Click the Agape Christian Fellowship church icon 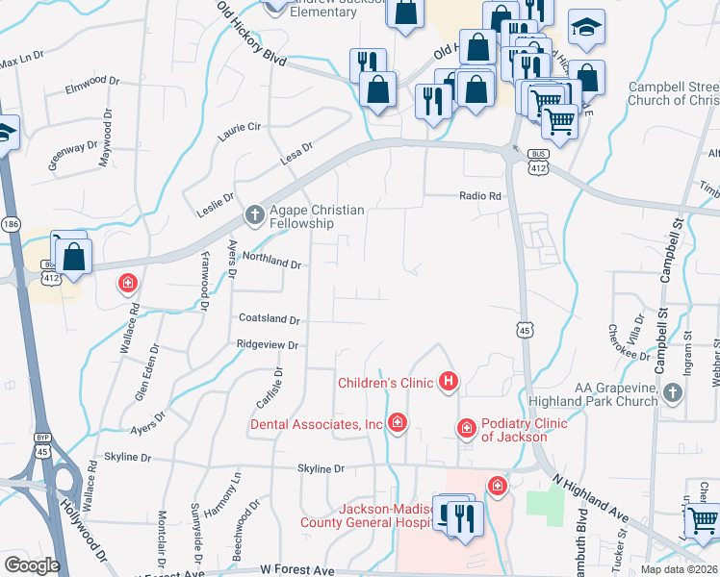pyautogui.click(x=255, y=213)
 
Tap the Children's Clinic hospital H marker pyautogui.click(x=448, y=383)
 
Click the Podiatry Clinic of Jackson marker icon pyautogui.click(x=466, y=427)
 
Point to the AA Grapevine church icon pyautogui.click(x=673, y=392)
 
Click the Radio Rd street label pyautogui.click(x=480, y=196)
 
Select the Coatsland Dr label pyautogui.click(x=269, y=319)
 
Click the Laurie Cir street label pyautogui.click(x=240, y=132)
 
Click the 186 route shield pyautogui.click(x=10, y=224)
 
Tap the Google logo pyautogui.click(x=32, y=565)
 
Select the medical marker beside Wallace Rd pyautogui.click(x=126, y=283)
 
